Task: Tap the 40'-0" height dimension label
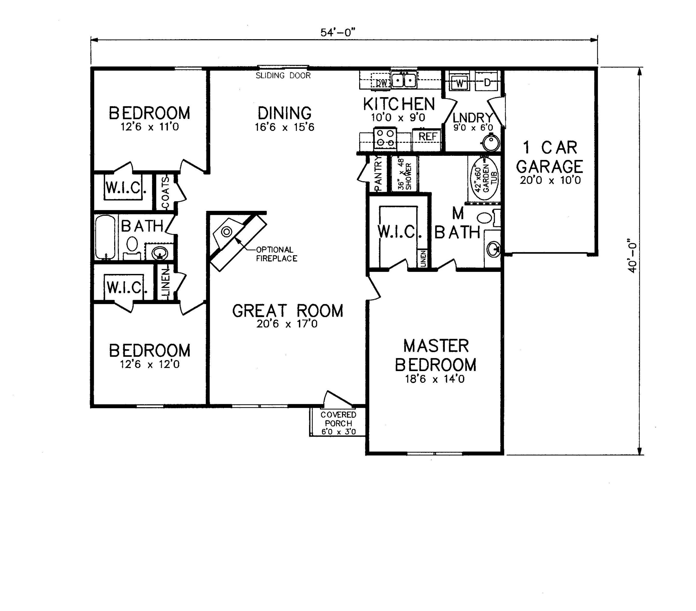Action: (x=632, y=255)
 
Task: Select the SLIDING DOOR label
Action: (x=283, y=75)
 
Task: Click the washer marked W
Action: (x=459, y=82)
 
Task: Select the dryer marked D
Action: (x=487, y=82)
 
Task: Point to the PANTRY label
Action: (x=378, y=174)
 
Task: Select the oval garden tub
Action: (x=484, y=178)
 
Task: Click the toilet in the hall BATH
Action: (x=132, y=248)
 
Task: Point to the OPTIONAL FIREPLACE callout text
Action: (x=276, y=254)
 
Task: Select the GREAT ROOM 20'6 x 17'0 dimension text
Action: (x=287, y=323)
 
